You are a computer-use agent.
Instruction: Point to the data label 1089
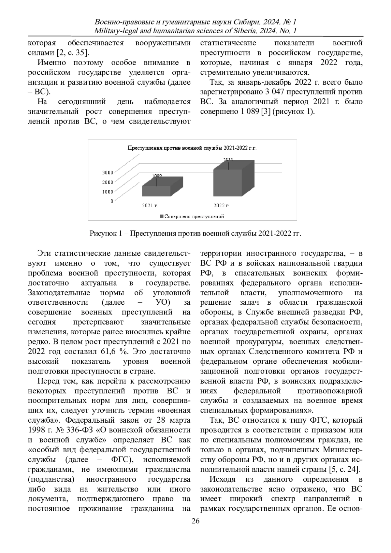pos(157,176)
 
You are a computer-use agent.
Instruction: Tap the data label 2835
pos(228,160)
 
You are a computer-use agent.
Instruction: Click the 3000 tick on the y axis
pos(108,172)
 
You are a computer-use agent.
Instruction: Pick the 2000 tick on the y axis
pos(108,182)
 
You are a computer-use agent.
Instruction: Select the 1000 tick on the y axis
pos(108,192)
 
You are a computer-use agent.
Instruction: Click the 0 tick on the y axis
pos(111,201)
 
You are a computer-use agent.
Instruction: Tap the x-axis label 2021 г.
pos(150,206)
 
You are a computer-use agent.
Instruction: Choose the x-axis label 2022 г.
pos(221,206)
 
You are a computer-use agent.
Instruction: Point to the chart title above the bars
pos(192,148)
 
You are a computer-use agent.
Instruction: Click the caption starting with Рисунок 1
pos(195,234)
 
